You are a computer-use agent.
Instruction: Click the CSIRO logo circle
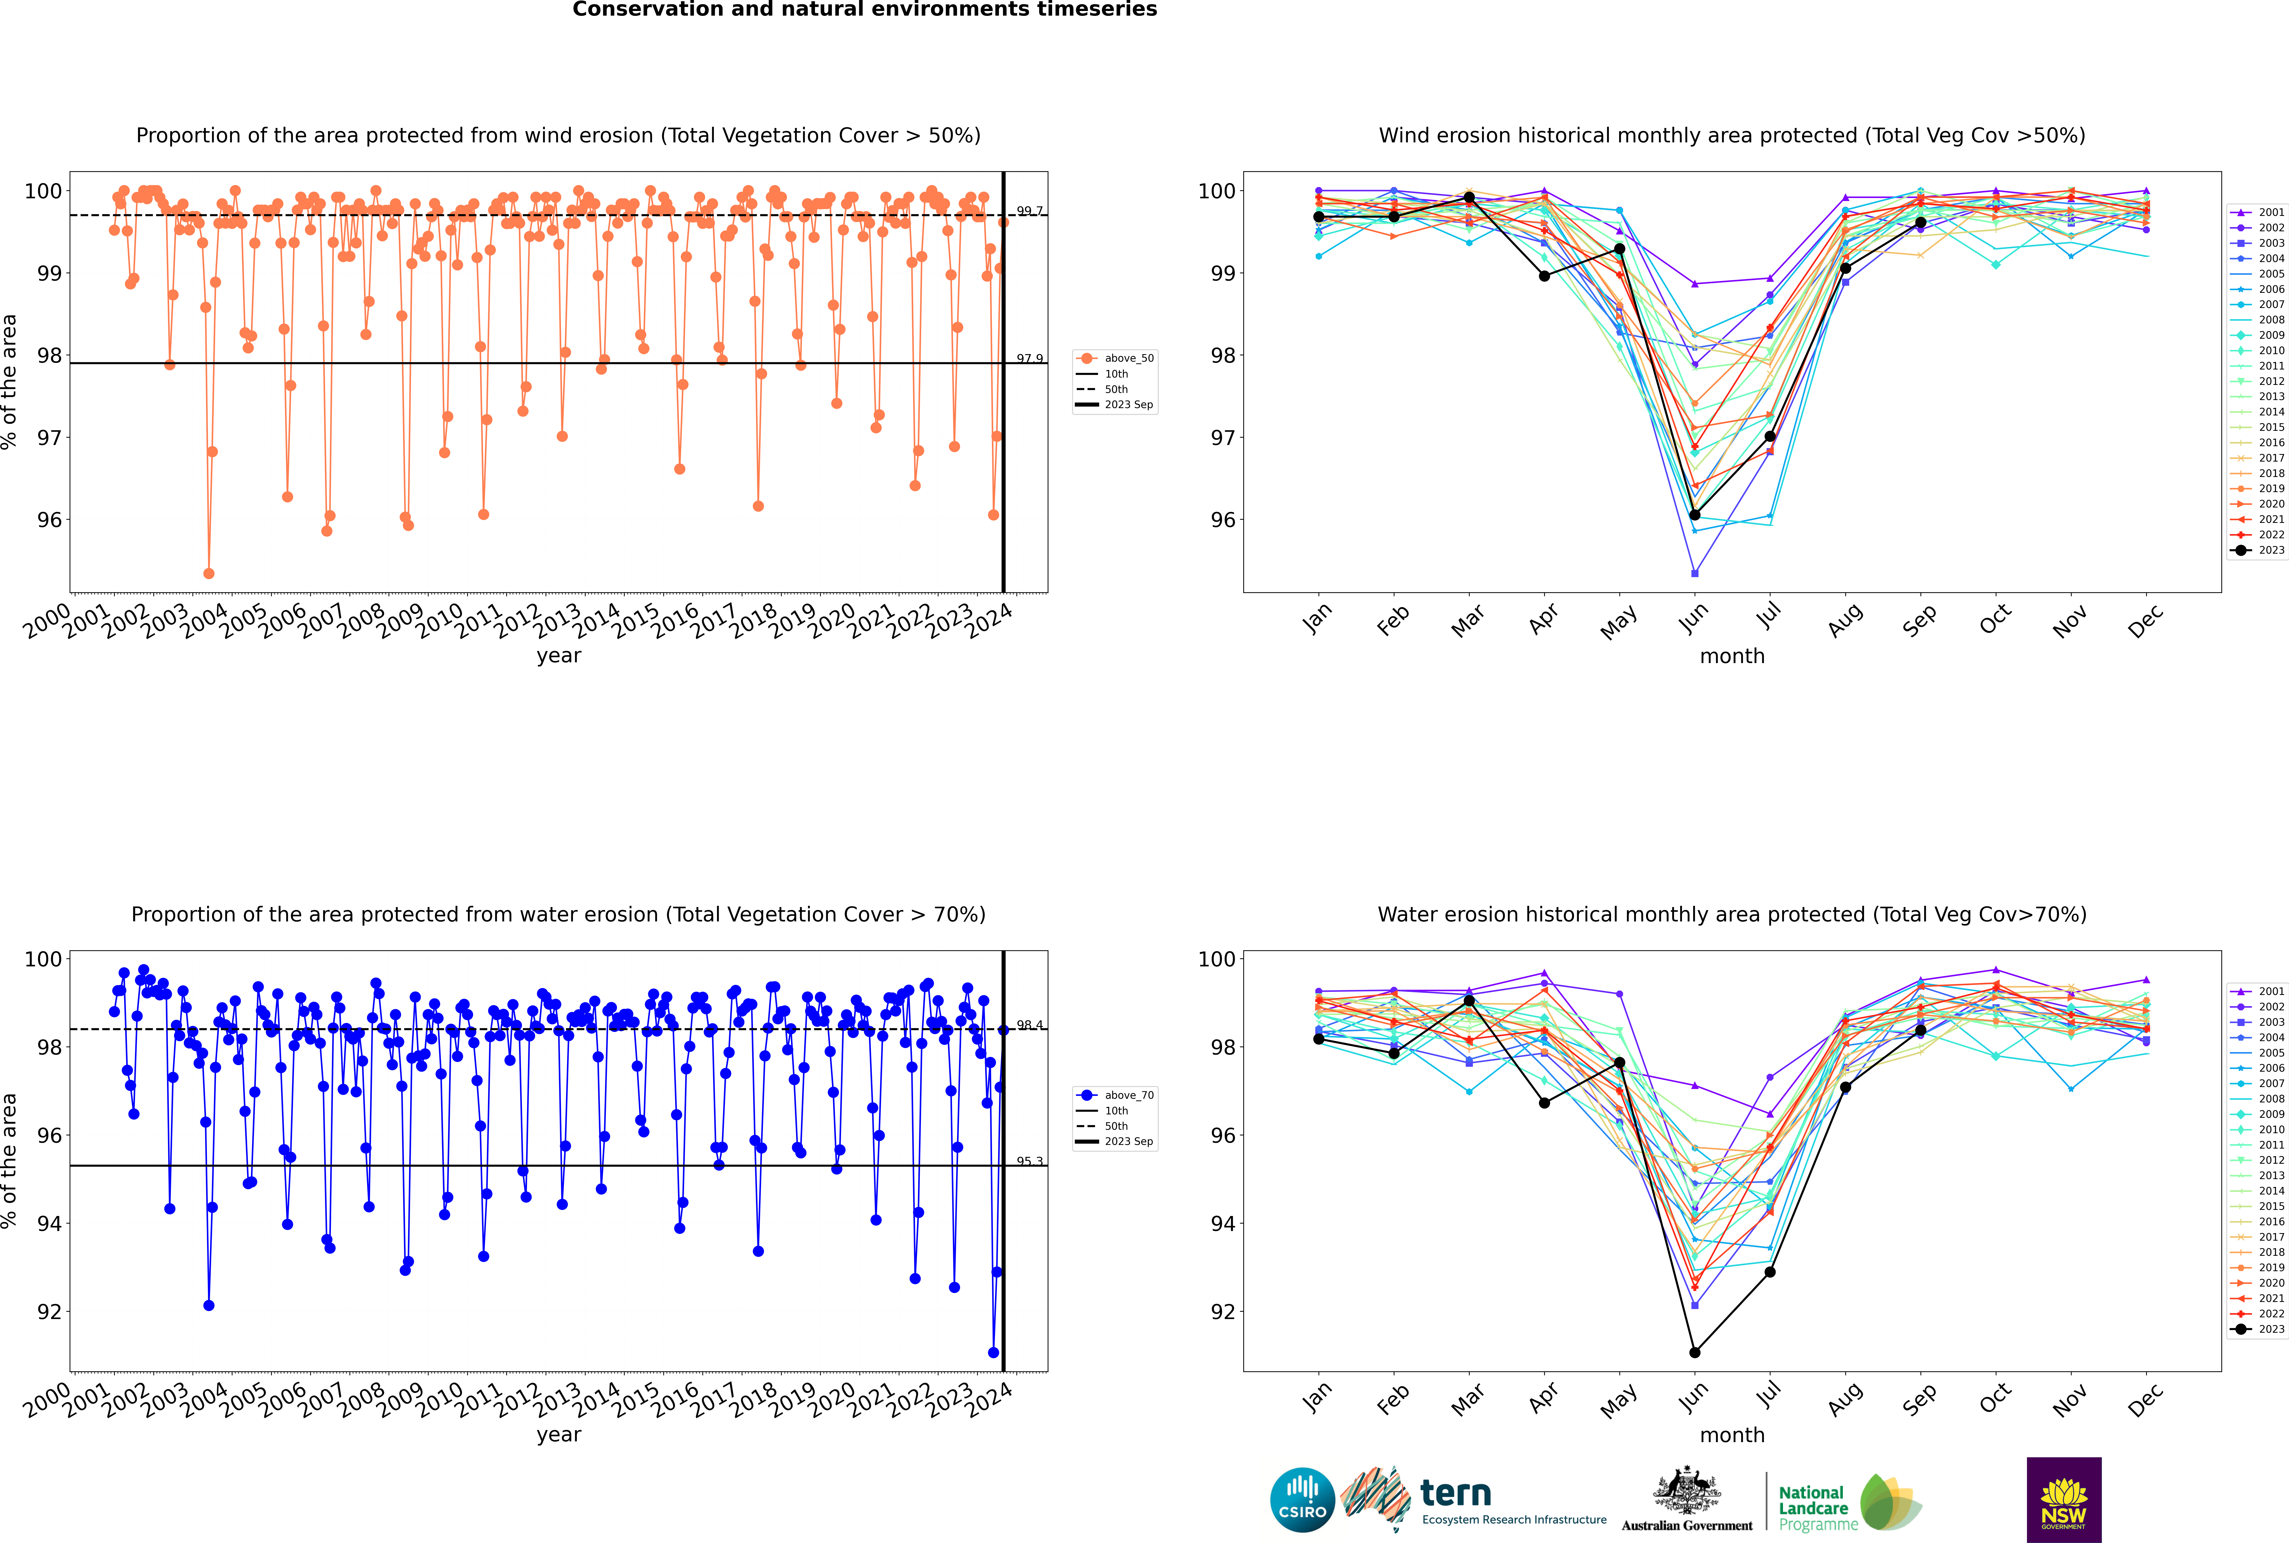pyautogui.click(x=1302, y=1500)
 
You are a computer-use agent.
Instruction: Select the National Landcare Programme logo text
pyautogui.click(x=1813, y=1508)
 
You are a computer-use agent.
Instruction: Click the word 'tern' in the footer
pyautogui.click(x=1456, y=1494)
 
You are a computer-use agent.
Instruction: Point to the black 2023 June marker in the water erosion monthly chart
pyautogui.click(x=1695, y=1352)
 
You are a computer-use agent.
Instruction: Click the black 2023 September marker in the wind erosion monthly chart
pyautogui.click(x=1920, y=222)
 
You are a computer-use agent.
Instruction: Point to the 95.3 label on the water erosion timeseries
pyautogui.click(x=1029, y=1161)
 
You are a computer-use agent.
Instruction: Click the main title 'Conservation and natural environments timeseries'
pyautogui.click(x=864, y=10)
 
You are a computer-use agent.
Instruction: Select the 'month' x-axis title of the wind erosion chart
pyautogui.click(x=1732, y=656)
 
